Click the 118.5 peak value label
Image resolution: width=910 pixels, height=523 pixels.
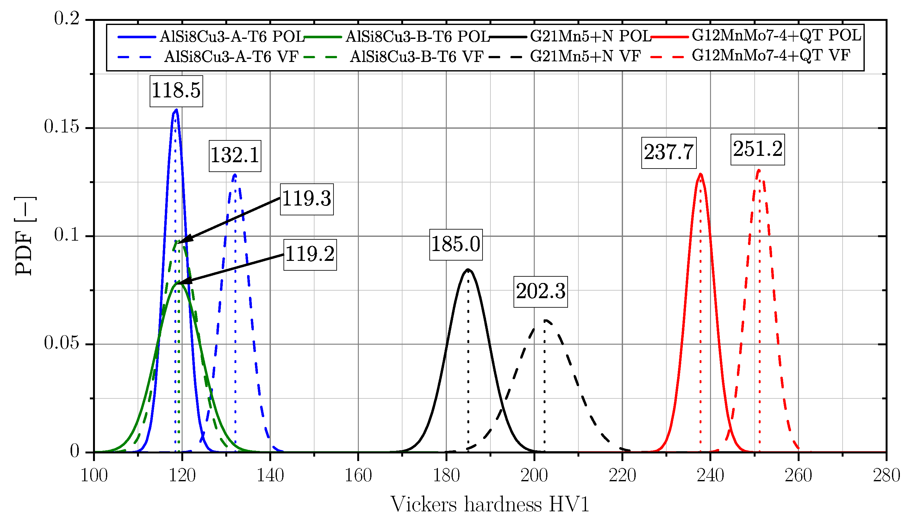pyautogui.click(x=176, y=91)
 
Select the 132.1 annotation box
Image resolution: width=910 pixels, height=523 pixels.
pyautogui.click(x=235, y=156)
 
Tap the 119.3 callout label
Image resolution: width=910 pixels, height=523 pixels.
pyautogui.click(x=307, y=199)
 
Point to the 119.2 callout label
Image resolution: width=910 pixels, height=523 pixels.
pyautogui.click(x=310, y=255)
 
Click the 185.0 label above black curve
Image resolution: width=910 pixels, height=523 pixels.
pyautogui.click(x=456, y=245)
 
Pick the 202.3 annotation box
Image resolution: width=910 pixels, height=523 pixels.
pyautogui.click(x=540, y=292)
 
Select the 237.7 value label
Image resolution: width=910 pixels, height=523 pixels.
pyautogui.click(x=669, y=153)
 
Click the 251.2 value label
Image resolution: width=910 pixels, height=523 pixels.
pyautogui.click(x=757, y=150)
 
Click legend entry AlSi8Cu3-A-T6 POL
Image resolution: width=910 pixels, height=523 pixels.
pyautogui.click(x=232, y=37)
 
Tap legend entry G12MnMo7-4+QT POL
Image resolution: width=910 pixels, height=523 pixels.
pyautogui.click(x=776, y=35)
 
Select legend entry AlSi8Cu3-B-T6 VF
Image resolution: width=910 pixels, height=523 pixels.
pyautogui.click(x=416, y=57)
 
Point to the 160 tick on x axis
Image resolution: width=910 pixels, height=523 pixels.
pyautogui.click(x=358, y=476)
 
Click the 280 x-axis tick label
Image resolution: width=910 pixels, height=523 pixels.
pyautogui.click(x=886, y=476)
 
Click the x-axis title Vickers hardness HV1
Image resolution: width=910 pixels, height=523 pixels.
pyautogui.click(x=490, y=505)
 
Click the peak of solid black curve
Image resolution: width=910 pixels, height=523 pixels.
pyautogui.click(x=468, y=269)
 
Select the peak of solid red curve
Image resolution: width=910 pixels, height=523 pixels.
pyautogui.click(x=701, y=174)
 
